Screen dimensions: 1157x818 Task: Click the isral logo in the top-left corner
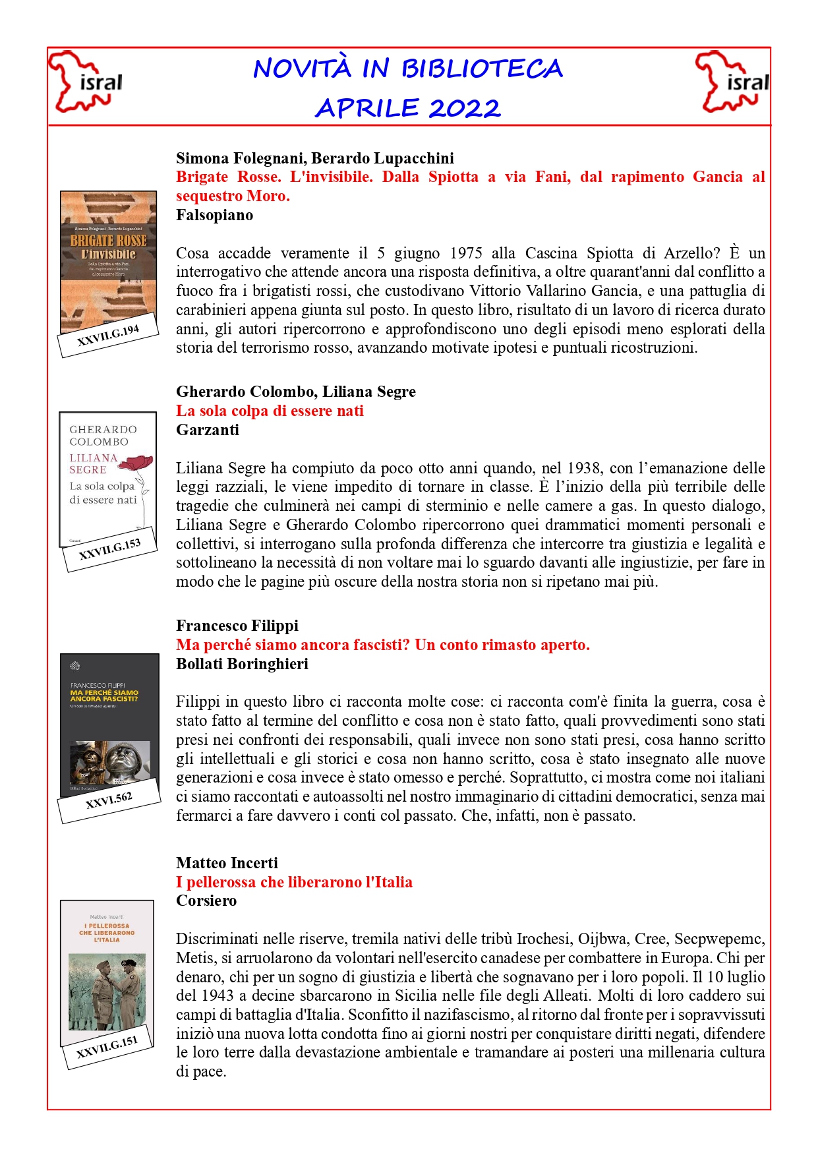pyautogui.click(x=86, y=82)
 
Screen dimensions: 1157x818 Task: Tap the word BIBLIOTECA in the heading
pyautogui.click(x=482, y=69)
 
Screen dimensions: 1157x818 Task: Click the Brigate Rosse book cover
pyautogui.click(x=108, y=260)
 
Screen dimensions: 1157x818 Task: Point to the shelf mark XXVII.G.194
pyautogui.click(x=108, y=336)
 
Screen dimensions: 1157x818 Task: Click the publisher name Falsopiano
pyautogui.click(x=214, y=215)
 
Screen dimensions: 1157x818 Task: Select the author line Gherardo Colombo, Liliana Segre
pyautogui.click(x=295, y=392)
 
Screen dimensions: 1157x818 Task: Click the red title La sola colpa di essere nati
pyautogui.click(x=270, y=411)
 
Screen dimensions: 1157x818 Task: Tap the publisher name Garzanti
pyautogui.click(x=207, y=430)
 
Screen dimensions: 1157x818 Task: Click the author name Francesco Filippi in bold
pyautogui.click(x=237, y=626)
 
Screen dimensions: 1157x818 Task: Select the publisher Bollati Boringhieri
pyautogui.click(x=242, y=664)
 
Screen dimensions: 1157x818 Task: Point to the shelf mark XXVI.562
pyautogui.click(x=109, y=800)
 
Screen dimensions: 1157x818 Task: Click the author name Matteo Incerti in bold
pyautogui.click(x=227, y=863)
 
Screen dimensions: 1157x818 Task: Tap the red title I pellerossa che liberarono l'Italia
pyautogui.click(x=294, y=882)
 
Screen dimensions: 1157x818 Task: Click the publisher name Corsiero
pyautogui.click(x=206, y=901)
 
